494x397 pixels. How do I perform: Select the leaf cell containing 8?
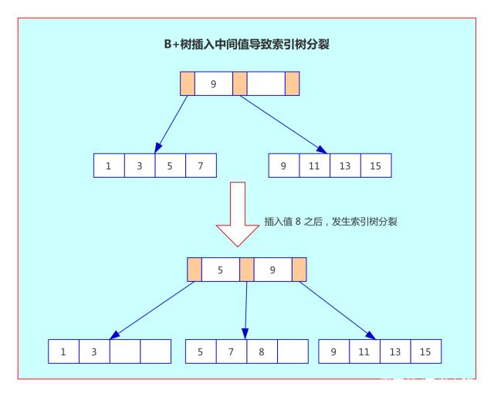262,351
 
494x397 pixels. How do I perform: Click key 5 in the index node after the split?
220,270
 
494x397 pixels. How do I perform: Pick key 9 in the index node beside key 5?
273,270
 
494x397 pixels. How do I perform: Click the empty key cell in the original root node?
266,83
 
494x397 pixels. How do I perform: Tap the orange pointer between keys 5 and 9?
247,270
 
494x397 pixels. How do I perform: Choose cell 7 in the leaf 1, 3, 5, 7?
201,166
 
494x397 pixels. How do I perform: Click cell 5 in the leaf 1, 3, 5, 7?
170,166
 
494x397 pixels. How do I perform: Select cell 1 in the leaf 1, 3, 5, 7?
109,166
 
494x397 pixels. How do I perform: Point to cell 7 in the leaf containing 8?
232,351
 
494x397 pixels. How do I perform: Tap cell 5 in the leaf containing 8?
201,351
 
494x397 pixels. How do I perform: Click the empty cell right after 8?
293,351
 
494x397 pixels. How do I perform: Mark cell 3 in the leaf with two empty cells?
94,351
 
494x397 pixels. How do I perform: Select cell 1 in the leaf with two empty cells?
63,351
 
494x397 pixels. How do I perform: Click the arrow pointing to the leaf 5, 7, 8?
246,309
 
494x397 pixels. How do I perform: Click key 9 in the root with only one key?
213,83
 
